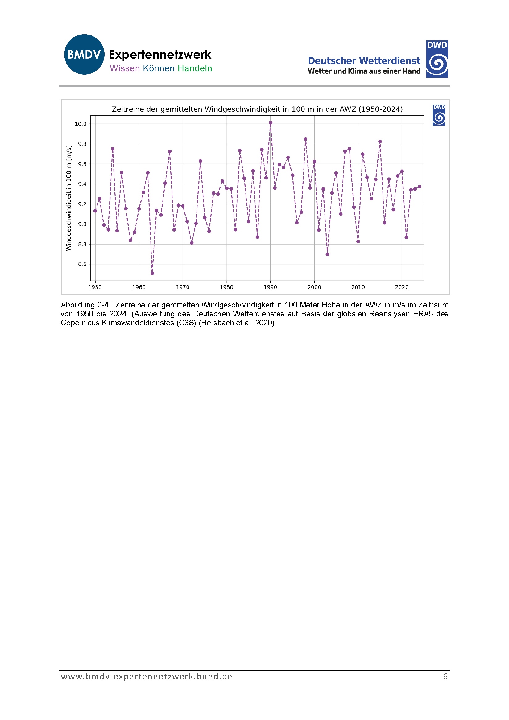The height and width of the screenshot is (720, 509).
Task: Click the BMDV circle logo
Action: (x=84, y=54)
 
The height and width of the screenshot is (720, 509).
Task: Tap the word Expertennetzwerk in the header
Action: (x=160, y=55)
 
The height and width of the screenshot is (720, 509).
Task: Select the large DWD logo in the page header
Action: (x=437, y=59)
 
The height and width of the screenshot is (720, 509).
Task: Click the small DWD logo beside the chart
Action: (x=439, y=115)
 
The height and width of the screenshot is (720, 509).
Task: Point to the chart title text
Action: (x=257, y=109)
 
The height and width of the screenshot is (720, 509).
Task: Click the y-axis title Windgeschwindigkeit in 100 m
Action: (x=69, y=198)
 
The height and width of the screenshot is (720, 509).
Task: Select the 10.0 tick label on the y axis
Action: (x=80, y=124)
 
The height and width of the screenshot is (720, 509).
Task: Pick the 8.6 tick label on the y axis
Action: (x=82, y=264)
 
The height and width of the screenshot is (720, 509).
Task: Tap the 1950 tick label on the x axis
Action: (x=95, y=287)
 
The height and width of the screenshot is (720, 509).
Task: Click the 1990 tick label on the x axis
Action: (x=270, y=287)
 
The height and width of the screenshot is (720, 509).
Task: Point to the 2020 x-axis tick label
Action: (x=402, y=287)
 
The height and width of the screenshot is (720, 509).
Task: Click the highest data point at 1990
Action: (x=271, y=123)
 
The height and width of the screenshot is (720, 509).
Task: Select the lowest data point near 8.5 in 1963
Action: (x=152, y=273)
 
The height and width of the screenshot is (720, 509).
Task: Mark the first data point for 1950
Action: (x=95, y=211)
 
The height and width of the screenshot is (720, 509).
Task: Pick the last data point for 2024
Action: (x=420, y=187)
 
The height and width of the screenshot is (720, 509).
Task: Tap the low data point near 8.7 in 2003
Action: (x=327, y=254)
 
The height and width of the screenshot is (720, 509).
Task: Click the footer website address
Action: (x=146, y=677)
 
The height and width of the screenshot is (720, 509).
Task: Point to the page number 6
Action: (x=445, y=677)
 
